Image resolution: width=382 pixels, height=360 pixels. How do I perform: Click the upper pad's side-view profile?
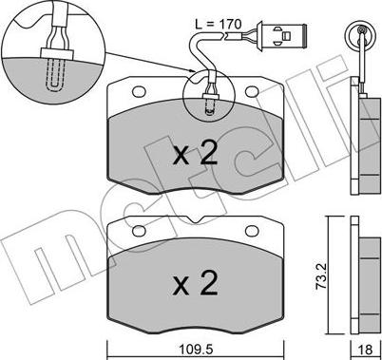pyautogui.click(x=363, y=142)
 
